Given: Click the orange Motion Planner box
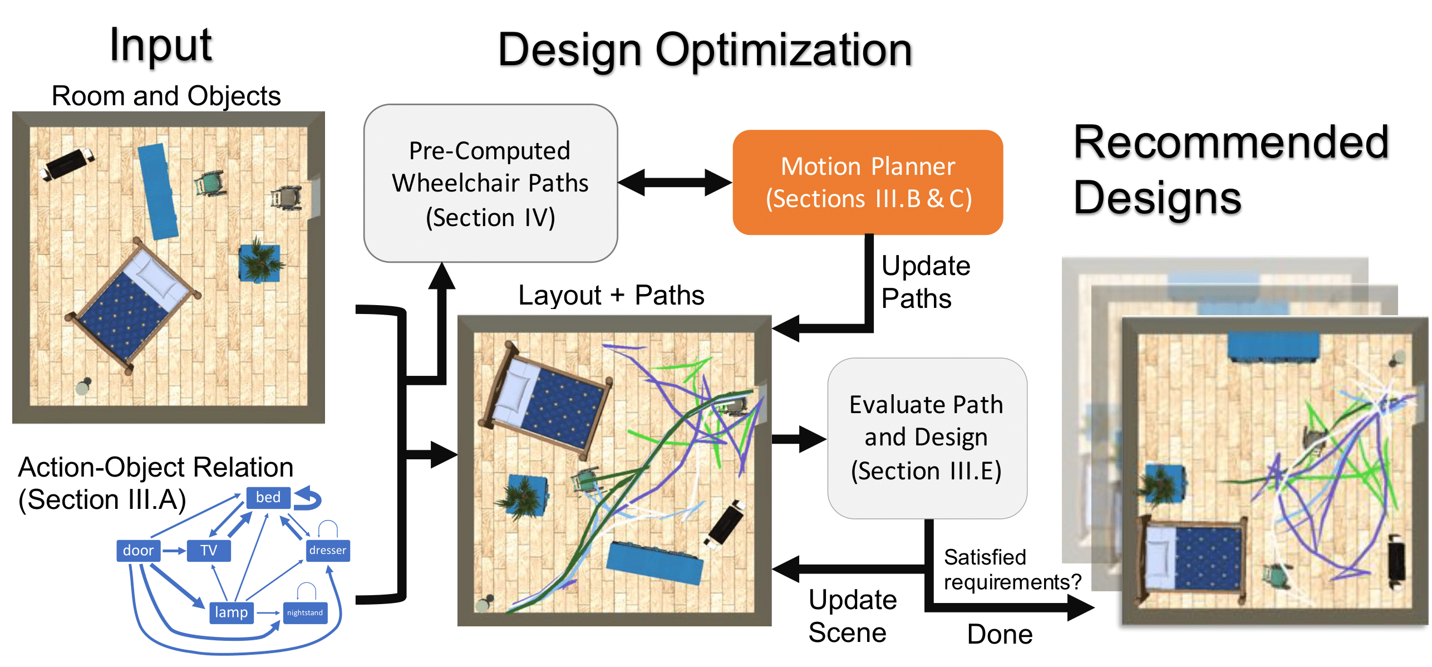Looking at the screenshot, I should pos(867,182).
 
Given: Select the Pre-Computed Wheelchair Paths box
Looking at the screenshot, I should pos(490,183).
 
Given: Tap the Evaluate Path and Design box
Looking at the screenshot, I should pos(927,438).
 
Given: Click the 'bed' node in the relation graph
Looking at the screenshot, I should pos(268,497).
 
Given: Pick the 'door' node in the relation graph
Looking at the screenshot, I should pos(138,551).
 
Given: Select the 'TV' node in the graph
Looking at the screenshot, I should pos(209,551).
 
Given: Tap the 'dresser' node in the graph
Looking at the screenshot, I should pos(328,551).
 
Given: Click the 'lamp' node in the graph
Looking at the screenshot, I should pos(231,612).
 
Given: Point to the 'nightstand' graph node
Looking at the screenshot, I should pos(305,613).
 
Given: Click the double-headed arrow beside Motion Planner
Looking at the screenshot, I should pos(675,182).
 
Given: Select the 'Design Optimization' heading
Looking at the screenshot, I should pos(705,50).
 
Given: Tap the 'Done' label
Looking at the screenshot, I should pos(1000,634).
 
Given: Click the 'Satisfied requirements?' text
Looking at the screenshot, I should pos(1012,570).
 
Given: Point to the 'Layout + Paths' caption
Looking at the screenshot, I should pos(611,295).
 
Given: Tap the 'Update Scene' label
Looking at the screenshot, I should pos(852,616).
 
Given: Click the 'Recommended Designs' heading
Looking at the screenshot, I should pos(1230,170).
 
